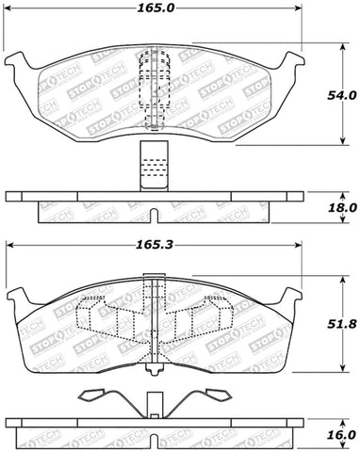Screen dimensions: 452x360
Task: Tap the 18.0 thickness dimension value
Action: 340,207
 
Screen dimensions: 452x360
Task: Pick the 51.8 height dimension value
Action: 340,326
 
